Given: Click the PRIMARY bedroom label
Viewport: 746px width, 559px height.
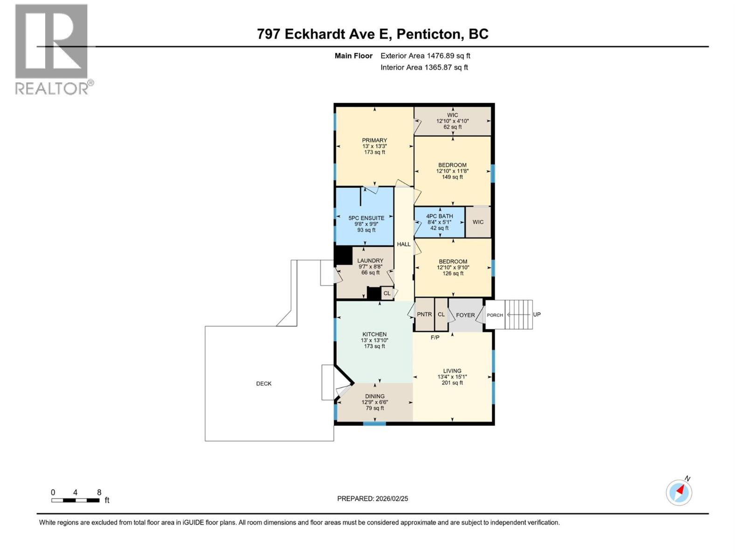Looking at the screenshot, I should tap(374, 140).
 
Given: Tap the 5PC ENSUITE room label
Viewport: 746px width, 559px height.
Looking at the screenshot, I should tap(366, 218).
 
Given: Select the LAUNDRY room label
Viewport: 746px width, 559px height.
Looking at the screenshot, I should tap(370, 261).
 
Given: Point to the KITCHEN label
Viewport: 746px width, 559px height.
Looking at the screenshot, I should tap(374, 334).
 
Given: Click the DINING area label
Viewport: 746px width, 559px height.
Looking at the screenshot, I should tap(375, 396).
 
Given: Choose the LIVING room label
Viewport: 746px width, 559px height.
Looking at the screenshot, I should tap(452, 371).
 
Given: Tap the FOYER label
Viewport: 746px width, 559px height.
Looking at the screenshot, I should tap(465, 315).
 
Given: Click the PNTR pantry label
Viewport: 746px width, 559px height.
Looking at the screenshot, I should tap(424, 314).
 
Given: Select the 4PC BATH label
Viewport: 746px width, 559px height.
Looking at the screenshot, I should tap(439, 216).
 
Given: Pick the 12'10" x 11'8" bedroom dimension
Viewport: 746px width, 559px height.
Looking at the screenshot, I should tap(452, 171).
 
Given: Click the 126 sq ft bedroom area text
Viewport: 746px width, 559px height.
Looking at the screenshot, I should tap(453, 273).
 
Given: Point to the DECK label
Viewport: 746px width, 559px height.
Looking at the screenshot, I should tap(264, 384).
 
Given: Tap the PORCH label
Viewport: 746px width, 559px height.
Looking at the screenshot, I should tap(495, 315).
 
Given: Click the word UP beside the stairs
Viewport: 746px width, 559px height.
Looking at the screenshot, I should tap(537, 314).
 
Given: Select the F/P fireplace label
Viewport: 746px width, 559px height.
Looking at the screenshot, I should tap(435, 337).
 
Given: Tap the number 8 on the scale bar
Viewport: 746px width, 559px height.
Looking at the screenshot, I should tap(99, 492).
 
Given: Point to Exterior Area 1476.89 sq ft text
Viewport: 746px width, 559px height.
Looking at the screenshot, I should tap(425, 56).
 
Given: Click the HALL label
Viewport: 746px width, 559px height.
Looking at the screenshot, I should tap(404, 244).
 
